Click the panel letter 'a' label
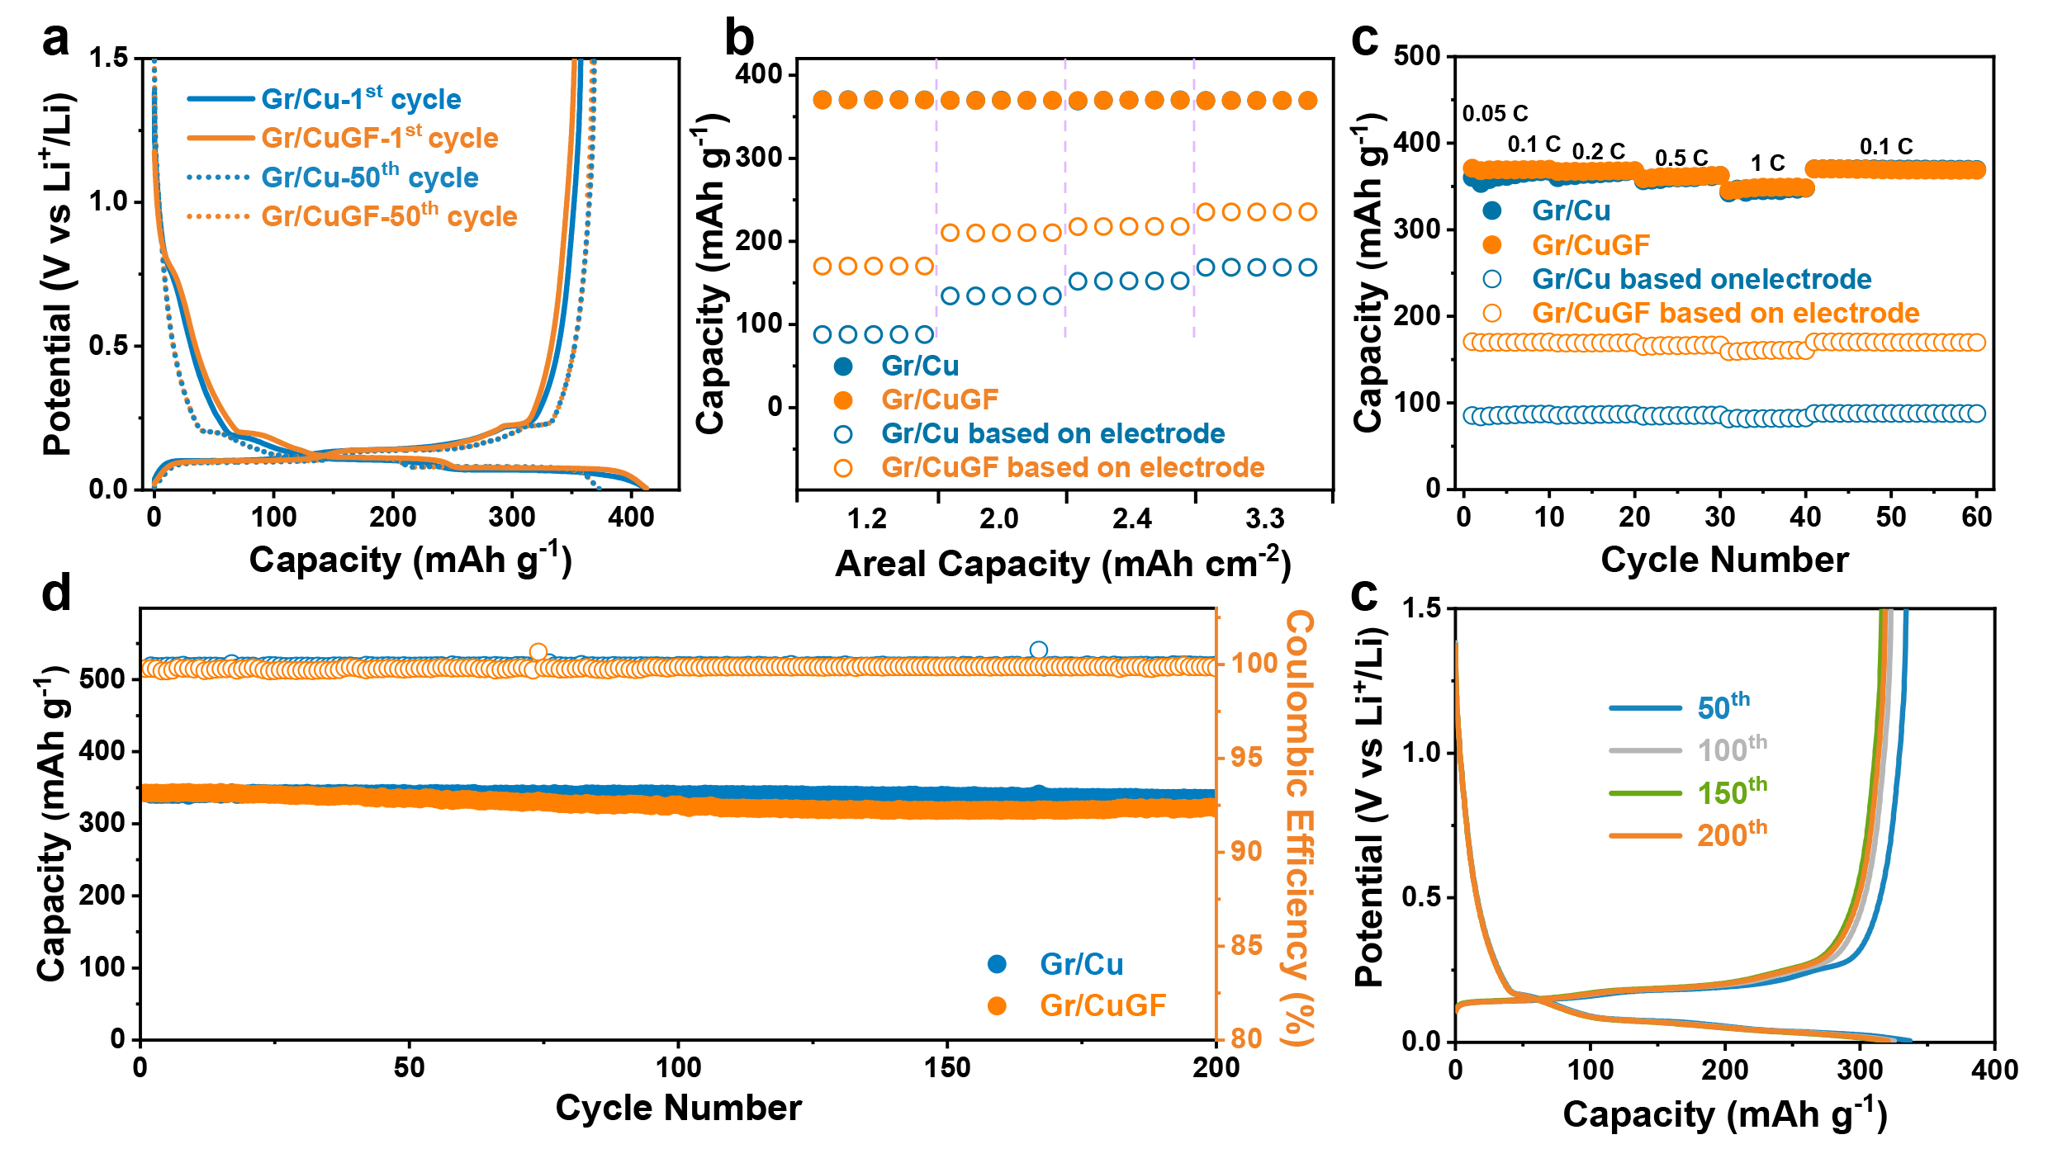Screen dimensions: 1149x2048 56,40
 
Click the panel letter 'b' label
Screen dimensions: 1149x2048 739,40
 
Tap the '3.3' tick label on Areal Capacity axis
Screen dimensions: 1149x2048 1264,519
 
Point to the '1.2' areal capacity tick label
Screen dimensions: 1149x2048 867,519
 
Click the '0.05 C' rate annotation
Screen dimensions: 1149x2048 1495,114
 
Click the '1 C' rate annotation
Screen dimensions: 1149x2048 1767,163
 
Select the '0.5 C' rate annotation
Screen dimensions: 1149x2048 1681,158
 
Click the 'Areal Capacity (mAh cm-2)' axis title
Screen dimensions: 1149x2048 1062,564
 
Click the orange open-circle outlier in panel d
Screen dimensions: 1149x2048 538,652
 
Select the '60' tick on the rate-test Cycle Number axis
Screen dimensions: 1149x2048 1976,518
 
